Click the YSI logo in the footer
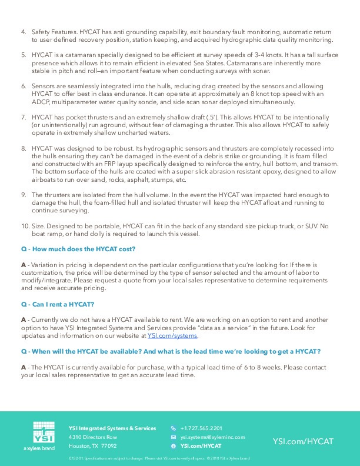click(x=40, y=432)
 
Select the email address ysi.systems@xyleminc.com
click(x=212, y=437)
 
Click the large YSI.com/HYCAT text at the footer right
click(x=303, y=441)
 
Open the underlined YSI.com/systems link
click(x=173, y=335)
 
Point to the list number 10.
click(x=25, y=226)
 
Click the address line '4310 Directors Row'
click(x=92, y=437)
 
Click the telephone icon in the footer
click(x=173, y=428)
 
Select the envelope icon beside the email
click(x=173, y=437)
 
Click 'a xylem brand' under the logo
click(x=39, y=448)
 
